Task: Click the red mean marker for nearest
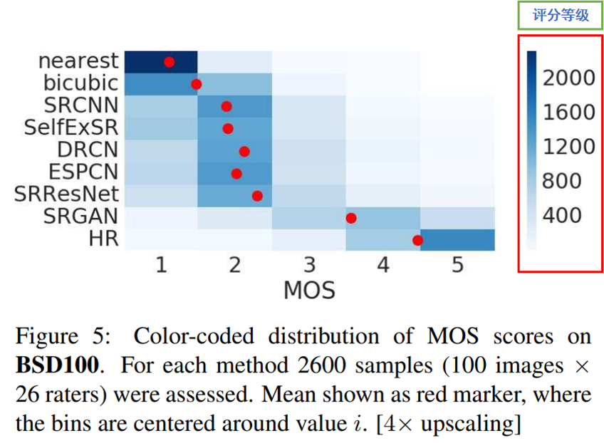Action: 170,62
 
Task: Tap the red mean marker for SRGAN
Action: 351,218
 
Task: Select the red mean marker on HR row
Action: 418,241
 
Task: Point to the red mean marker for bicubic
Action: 197,84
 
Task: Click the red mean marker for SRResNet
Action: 257,196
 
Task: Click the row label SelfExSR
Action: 80,128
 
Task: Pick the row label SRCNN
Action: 83,106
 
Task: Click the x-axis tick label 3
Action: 308,266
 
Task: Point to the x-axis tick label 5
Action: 457,266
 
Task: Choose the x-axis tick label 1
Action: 161,266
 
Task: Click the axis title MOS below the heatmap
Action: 309,290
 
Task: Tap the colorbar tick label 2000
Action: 568,78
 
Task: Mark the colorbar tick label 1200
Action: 568,147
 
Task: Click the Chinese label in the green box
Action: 561,16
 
